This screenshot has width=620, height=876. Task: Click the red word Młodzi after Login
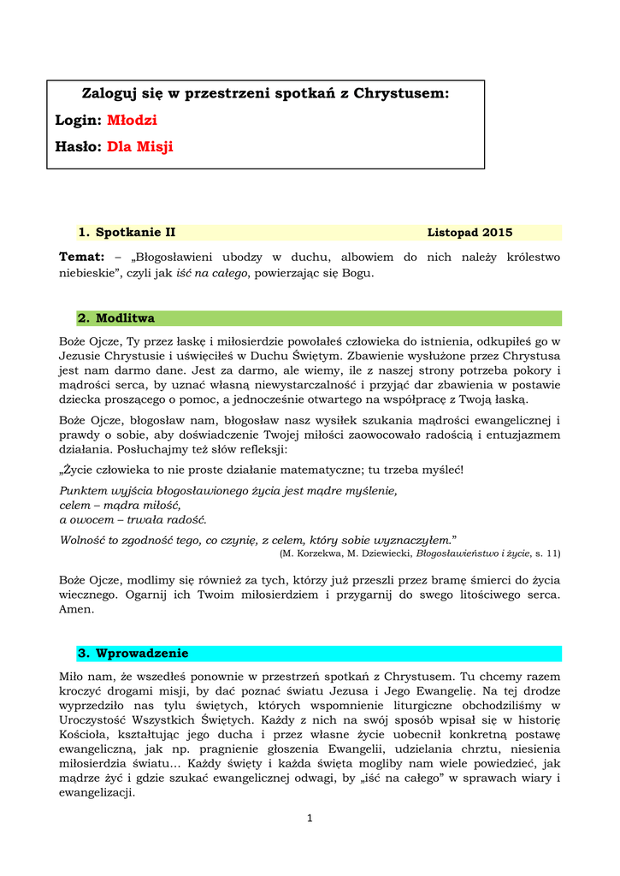[132, 120]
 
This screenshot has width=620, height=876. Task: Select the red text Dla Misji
[140, 147]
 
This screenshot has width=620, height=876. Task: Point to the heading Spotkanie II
[135, 233]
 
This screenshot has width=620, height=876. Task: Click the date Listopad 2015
[469, 233]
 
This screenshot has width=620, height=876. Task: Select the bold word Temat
[80, 257]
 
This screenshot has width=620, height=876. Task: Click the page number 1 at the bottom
[310, 819]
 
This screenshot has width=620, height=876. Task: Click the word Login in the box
[78, 120]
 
